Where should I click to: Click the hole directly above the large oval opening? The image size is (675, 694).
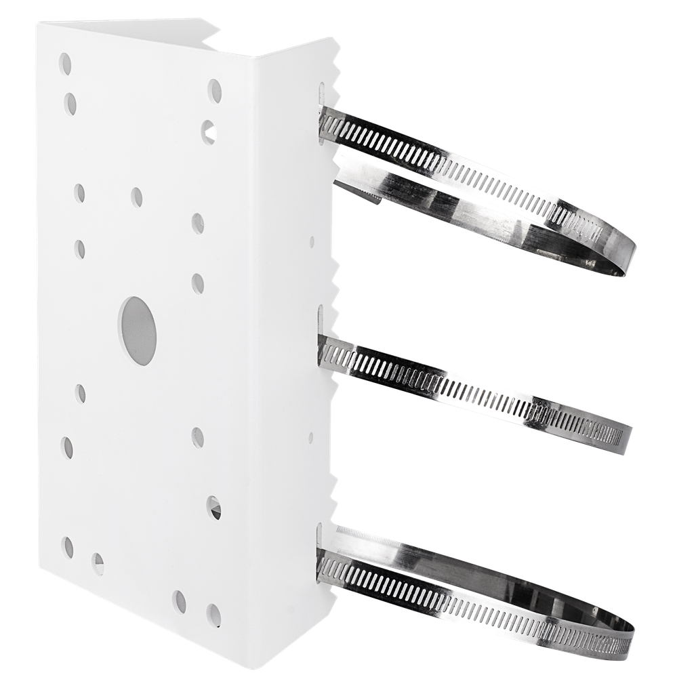(x=137, y=197)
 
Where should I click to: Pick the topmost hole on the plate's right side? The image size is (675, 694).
(x=215, y=88)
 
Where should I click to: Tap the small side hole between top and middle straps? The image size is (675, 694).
(x=312, y=241)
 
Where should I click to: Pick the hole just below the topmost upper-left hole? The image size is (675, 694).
(x=70, y=103)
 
